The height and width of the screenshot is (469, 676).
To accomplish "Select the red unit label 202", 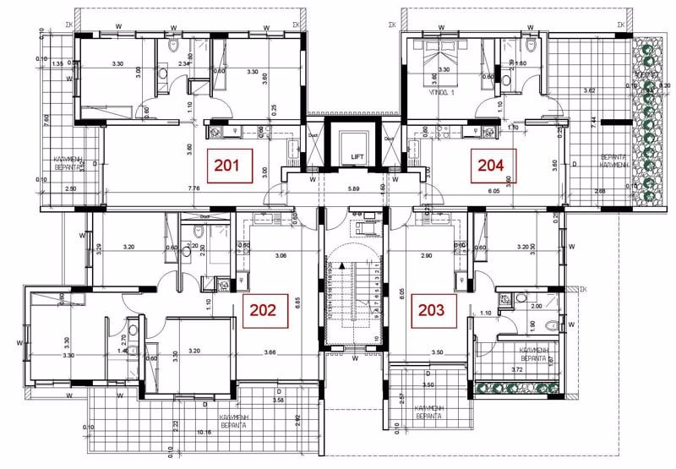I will (263, 309).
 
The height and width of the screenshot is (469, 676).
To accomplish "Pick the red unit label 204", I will (493, 166).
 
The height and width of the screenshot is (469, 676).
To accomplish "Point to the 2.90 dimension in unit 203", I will (428, 254).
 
